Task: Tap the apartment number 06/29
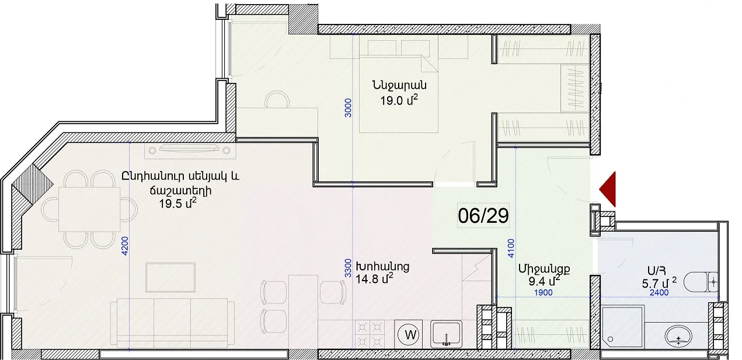[483, 216]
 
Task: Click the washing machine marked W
[409, 334]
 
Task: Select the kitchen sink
[446, 334]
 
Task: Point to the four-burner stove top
[370, 334]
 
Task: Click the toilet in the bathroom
[701, 282]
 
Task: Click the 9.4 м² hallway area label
[544, 281]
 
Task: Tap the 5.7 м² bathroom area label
[659, 284]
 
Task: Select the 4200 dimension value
[125, 246]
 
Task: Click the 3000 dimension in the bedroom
[348, 107]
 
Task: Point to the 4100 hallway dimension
[511, 248]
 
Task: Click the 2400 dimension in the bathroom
[659, 293]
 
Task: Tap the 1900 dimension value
[544, 293]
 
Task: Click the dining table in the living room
[89, 209]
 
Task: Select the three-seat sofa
[172, 323]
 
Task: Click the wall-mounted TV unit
[190, 151]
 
